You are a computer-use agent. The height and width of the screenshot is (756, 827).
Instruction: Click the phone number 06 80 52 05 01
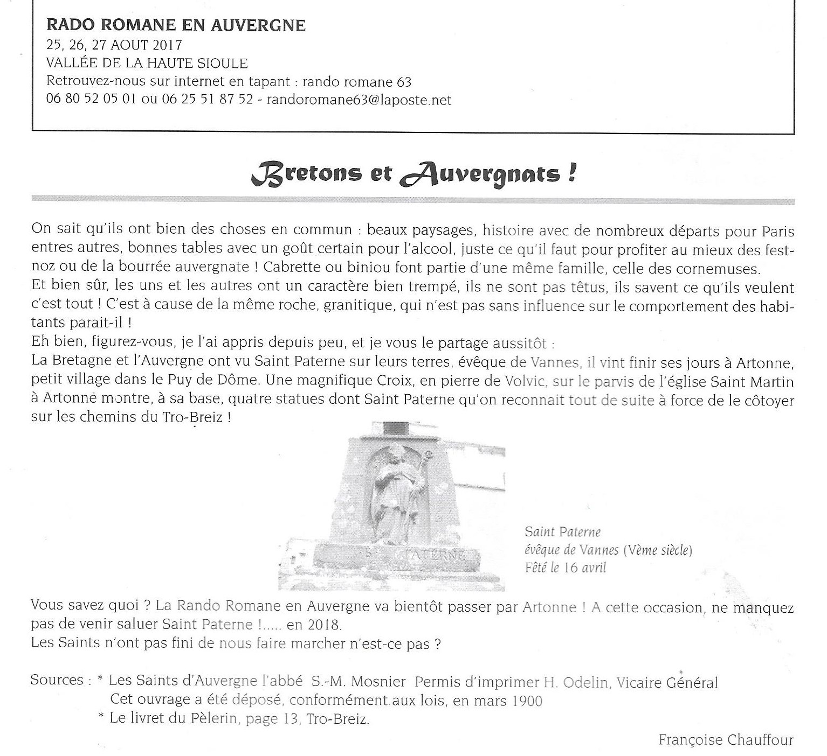pyautogui.click(x=91, y=100)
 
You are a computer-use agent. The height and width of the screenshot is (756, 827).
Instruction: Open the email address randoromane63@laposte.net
pyautogui.click(x=359, y=100)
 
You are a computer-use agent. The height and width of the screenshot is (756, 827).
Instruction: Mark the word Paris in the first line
pyautogui.click(x=777, y=231)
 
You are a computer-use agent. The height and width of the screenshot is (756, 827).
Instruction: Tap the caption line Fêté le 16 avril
pyautogui.click(x=566, y=568)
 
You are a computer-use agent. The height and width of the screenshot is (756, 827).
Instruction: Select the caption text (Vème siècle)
pyautogui.click(x=657, y=550)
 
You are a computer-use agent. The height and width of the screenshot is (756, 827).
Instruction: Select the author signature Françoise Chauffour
pyautogui.click(x=726, y=740)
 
